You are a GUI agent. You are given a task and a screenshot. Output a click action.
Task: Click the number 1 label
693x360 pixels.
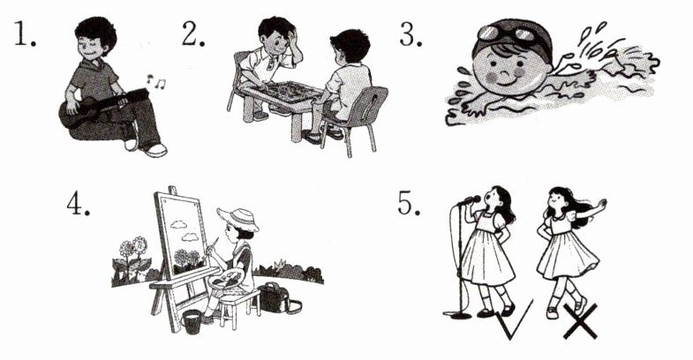[x=25, y=34]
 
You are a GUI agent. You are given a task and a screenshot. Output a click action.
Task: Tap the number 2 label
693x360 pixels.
[x=193, y=34]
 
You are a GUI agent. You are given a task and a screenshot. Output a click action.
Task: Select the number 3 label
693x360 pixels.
[x=411, y=34]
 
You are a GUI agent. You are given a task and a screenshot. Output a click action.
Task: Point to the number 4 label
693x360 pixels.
[x=78, y=204]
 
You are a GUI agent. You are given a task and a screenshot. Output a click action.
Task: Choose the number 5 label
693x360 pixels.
[x=409, y=204]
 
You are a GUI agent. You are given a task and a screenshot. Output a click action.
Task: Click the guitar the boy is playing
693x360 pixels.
[x=102, y=108]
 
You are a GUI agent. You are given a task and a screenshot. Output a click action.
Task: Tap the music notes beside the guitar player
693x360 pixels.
[x=156, y=81]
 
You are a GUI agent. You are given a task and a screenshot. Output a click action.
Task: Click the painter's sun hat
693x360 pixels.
[x=238, y=218]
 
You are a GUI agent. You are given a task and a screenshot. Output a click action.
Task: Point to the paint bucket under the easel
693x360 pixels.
[x=192, y=321]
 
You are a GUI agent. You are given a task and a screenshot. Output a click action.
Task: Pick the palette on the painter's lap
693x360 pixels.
[x=226, y=279]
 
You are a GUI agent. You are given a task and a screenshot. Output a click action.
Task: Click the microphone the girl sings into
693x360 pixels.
[x=470, y=201]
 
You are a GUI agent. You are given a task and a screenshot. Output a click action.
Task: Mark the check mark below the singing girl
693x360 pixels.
[x=515, y=319]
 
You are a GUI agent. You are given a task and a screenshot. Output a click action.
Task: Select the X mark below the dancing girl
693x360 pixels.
[x=580, y=321]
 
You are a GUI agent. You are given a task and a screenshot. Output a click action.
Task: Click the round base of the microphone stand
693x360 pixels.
[x=457, y=314]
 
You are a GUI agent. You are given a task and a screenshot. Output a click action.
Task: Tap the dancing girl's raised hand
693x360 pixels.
[x=601, y=204]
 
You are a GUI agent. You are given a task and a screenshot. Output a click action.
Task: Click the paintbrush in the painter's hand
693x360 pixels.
[x=211, y=245]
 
